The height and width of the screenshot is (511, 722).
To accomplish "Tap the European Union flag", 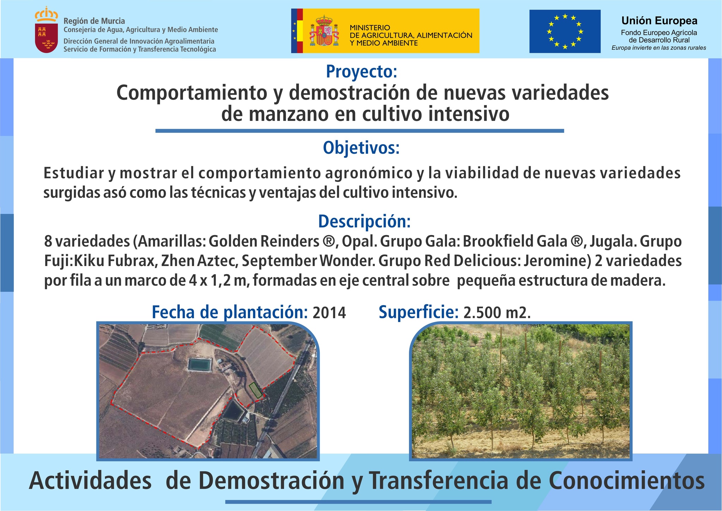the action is [565, 31].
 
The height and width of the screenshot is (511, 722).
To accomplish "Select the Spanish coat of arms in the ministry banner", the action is [324, 31].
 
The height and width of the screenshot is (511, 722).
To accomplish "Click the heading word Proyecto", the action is [362, 72].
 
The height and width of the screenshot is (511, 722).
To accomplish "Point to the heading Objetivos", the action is [361, 148].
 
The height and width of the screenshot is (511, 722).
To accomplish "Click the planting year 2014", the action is [329, 313].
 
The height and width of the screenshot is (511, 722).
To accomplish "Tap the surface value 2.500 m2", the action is [497, 313].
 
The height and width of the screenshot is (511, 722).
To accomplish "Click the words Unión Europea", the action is [659, 21].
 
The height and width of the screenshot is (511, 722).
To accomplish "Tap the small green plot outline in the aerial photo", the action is [256, 390].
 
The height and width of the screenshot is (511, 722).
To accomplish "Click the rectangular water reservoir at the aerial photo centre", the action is [200, 365].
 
